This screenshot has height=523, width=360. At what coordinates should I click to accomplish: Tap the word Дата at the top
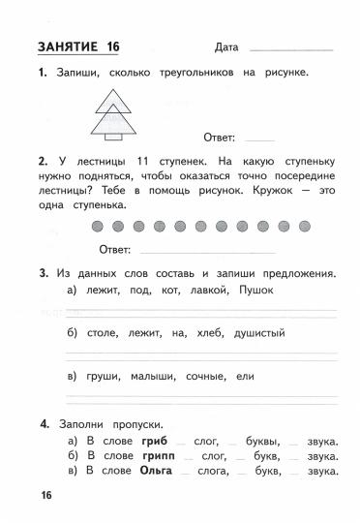pyautogui.click(x=221, y=47)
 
